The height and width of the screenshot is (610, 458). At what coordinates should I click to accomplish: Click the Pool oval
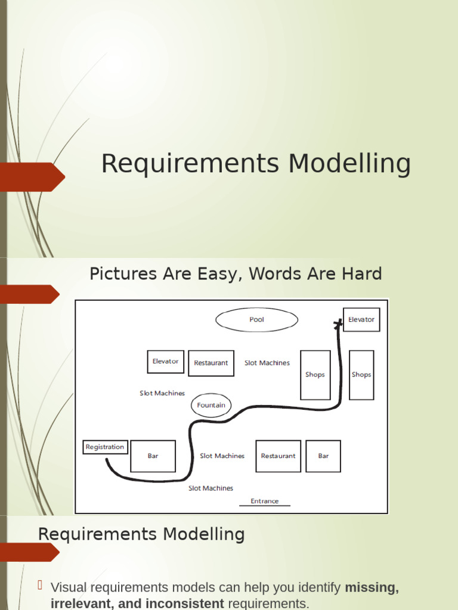tap(256, 320)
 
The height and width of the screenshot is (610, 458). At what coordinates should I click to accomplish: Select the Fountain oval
tap(211, 405)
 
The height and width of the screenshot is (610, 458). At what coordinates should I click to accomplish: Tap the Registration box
tap(105, 447)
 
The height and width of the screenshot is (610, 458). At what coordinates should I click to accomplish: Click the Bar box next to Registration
tap(153, 456)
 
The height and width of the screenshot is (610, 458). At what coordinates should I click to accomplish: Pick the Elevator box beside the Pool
tap(361, 320)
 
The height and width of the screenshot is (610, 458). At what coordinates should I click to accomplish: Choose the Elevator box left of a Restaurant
tap(166, 362)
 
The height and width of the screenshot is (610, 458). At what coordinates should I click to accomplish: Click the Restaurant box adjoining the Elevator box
tap(211, 363)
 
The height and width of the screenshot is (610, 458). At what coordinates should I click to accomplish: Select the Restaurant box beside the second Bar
tap(278, 456)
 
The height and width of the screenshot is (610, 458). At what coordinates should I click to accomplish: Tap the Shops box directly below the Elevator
tap(361, 375)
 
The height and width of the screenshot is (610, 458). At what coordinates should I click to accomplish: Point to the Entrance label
tap(265, 501)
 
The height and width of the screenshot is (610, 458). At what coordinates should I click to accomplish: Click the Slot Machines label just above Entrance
tap(211, 488)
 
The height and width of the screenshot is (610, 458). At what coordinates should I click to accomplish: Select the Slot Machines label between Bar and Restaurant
tap(222, 456)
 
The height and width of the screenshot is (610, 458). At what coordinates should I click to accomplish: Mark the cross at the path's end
tap(338, 323)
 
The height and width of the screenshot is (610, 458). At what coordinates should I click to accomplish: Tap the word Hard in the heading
tap(361, 274)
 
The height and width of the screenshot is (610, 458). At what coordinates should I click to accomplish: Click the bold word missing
tap(372, 587)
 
